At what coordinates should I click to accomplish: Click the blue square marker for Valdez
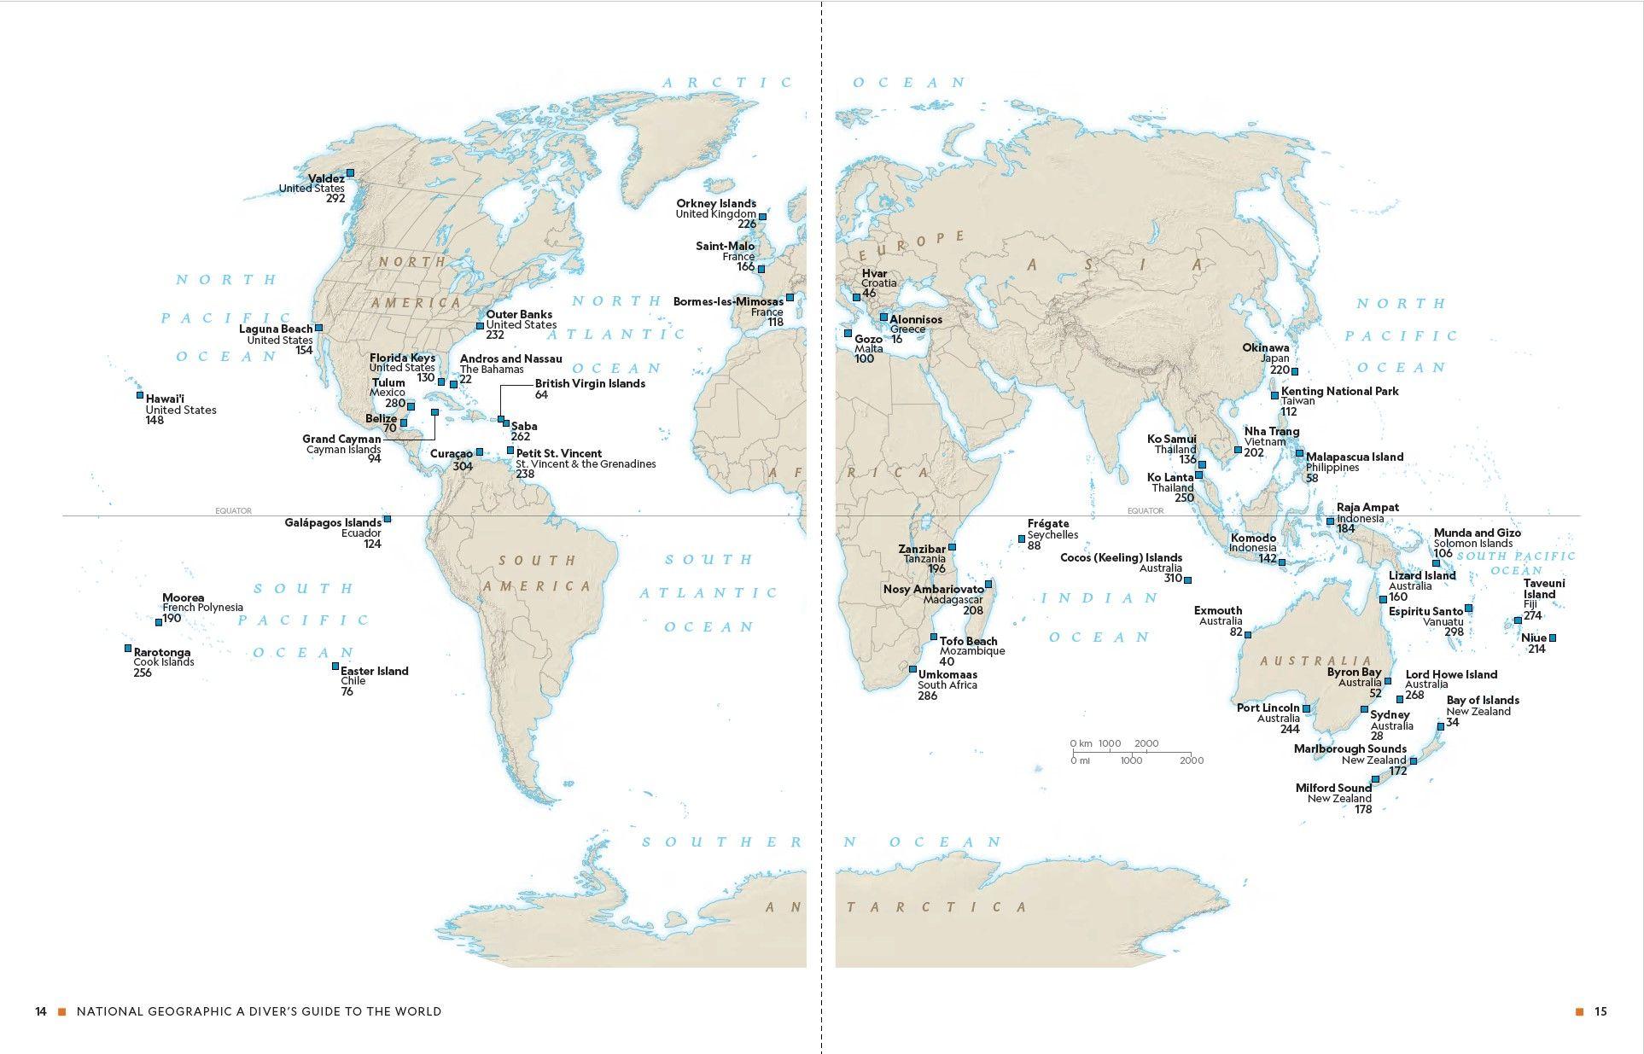(350, 172)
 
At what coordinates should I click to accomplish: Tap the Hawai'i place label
(165, 399)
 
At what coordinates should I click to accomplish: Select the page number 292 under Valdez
(335, 199)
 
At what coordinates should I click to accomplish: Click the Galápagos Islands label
(332, 522)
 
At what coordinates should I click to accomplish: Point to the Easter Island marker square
(335, 667)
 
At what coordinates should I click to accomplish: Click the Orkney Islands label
(715, 203)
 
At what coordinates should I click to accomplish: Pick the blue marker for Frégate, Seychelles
(1022, 539)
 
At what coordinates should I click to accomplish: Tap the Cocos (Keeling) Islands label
(1121, 557)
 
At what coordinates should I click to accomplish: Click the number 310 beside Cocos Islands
(1172, 579)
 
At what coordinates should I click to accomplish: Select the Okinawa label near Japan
(1265, 347)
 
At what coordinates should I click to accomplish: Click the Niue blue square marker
(1552, 638)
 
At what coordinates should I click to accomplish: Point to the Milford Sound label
(1332, 788)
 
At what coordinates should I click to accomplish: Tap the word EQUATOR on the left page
(233, 510)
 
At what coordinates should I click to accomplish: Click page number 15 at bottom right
(1600, 1011)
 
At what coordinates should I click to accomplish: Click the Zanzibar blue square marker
(953, 547)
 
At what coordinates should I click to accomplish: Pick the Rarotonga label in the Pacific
(161, 652)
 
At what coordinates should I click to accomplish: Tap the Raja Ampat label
(1367, 507)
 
